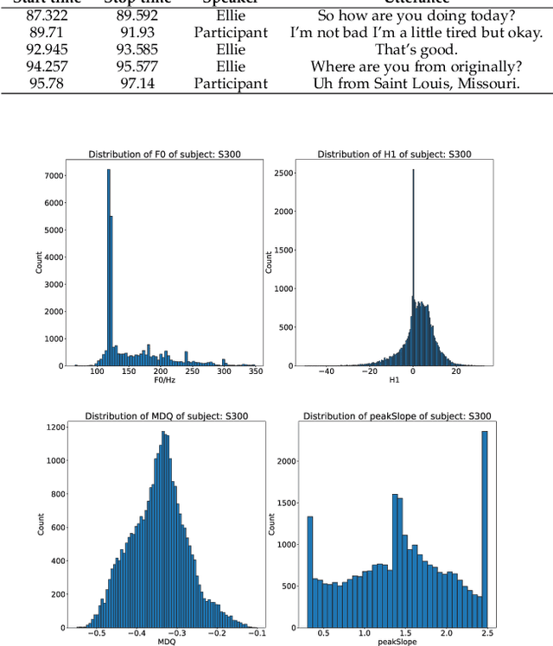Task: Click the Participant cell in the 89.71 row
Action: (231, 33)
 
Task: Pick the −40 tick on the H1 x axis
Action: (326, 372)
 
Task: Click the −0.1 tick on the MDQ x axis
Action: (256, 634)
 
